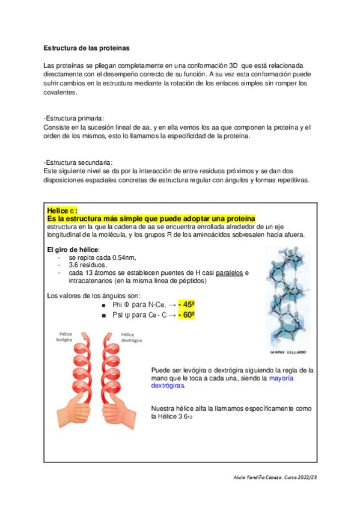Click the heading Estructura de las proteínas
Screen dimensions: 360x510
[87, 48]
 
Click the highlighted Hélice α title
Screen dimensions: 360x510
[62, 210]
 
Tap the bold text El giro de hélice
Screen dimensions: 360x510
[73, 250]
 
